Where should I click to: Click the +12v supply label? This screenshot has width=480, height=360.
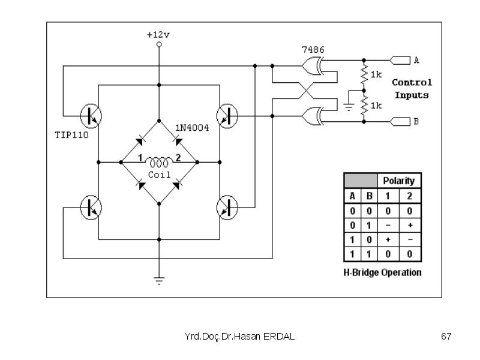[x=158, y=35]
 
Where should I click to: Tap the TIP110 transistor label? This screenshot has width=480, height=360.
[x=71, y=135]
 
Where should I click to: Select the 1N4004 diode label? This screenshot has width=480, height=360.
[x=192, y=128]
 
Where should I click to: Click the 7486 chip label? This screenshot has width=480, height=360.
[x=313, y=50]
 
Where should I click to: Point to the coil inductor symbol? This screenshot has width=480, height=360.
[x=159, y=162]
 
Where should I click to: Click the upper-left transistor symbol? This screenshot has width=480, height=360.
[x=91, y=116]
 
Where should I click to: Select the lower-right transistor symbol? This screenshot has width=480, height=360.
[x=227, y=208]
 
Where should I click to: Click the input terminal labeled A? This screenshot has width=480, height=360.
[x=400, y=61]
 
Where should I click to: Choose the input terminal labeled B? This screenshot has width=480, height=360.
[x=400, y=122]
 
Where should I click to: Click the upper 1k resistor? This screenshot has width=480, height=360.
[x=364, y=75]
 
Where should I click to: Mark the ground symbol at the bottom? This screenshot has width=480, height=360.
[x=159, y=281]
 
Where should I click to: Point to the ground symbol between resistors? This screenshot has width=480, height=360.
[x=349, y=107]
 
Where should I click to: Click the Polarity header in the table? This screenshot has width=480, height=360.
[x=399, y=181]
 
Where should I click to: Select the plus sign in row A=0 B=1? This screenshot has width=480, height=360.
[x=410, y=226]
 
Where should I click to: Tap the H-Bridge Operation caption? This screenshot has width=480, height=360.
[x=382, y=272]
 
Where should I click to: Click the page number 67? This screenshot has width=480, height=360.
[x=446, y=337]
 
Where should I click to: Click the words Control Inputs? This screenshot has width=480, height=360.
[x=412, y=89]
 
